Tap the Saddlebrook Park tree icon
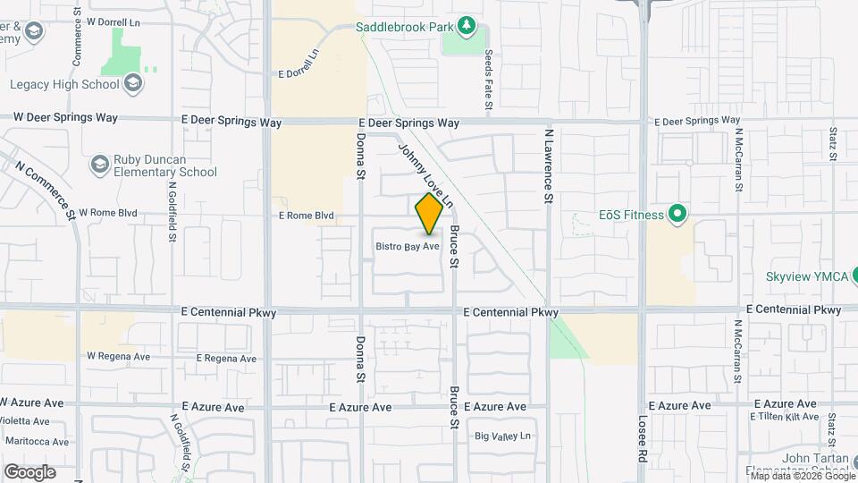[465, 25]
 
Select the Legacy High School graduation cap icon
[133, 84]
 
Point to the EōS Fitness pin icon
[677, 215]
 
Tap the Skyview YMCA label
[805, 276]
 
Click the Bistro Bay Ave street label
[408, 246]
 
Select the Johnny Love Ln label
[425, 177]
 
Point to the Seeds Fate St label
[489, 81]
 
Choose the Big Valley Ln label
[503, 436]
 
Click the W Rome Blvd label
[108, 213]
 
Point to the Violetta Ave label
[33, 425]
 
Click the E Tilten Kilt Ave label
[784, 417]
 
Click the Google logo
[29, 471]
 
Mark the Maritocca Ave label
[37, 441]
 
